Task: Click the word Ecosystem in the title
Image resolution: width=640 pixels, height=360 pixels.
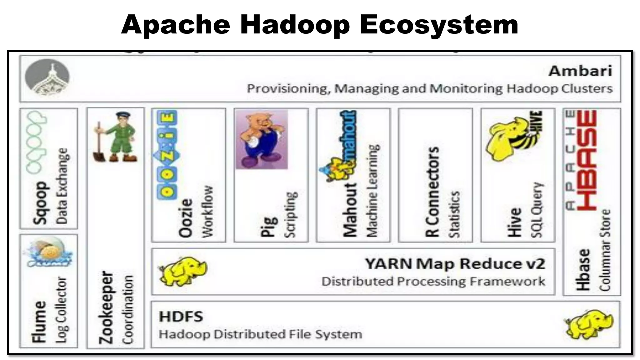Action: [x=439, y=25]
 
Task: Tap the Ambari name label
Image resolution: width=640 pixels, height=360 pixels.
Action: [x=580, y=71]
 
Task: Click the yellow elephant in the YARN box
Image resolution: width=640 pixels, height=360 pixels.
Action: [x=183, y=272]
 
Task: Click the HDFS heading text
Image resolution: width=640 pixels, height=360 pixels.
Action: [x=181, y=317]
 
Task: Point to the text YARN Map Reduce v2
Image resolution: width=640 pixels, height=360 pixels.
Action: [x=455, y=264]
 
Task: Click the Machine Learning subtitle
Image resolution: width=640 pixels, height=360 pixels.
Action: [x=372, y=191]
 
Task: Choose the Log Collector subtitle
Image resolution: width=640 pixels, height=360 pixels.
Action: [x=62, y=309]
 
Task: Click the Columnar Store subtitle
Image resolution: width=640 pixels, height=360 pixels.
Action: [x=605, y=250]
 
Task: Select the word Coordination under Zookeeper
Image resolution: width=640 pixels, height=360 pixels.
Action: [x=128, y=309]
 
